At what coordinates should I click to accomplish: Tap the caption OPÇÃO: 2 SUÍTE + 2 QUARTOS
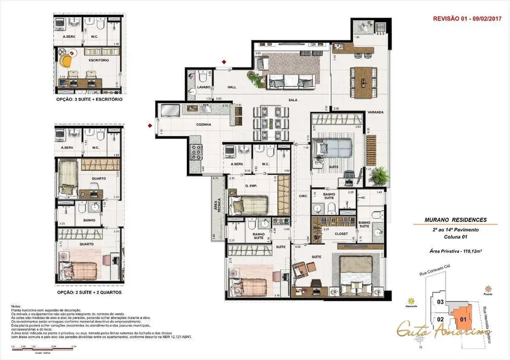pos(89,291)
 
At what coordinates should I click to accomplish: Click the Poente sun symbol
pos(487,289)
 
